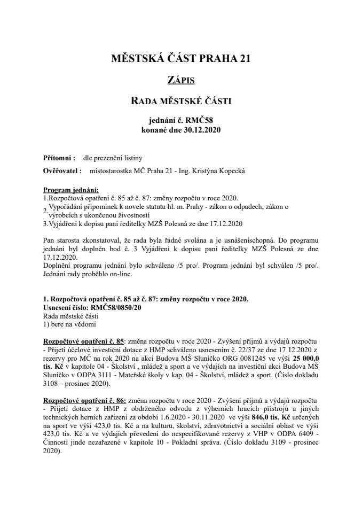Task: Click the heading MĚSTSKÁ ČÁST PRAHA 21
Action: [x=181, y=59]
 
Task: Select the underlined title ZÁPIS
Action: [x=181, y=81]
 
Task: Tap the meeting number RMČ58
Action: [x=201, y=121]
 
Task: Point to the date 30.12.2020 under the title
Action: [x=202, y=129]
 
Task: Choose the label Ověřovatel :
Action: [x=62, y=171]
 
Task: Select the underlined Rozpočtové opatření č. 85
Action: [x=83, y=340]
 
